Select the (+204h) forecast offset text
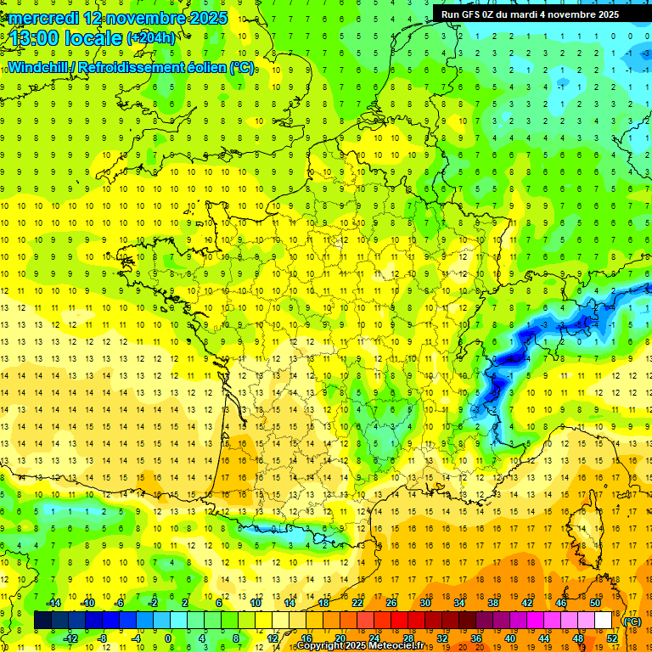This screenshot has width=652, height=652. tap(150, 37)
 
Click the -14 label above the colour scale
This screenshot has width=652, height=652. tap(53, 603)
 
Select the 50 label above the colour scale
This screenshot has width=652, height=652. tap(594, 603)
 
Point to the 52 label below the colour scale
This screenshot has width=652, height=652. tap(611, 638)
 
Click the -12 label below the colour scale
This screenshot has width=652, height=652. tap(70, 638)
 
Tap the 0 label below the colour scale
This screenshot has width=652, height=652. tap(168, 638)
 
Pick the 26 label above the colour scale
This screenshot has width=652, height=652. tap(391, 603)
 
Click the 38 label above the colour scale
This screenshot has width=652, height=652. tap(492, 603)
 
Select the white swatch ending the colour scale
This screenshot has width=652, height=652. tap(603, 621)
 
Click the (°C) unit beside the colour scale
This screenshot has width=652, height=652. tap(632, 621)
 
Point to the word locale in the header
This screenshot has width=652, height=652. tap(94, 37)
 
